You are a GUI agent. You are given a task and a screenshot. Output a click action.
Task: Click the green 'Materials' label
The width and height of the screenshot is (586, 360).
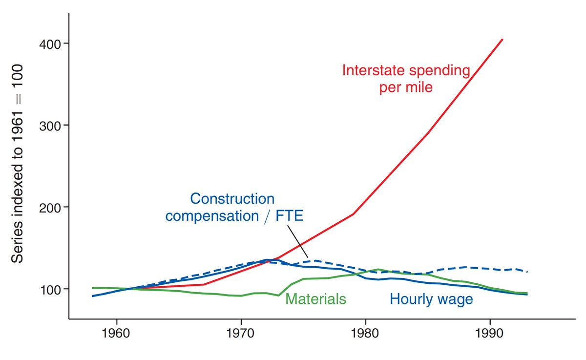tap(315, 299)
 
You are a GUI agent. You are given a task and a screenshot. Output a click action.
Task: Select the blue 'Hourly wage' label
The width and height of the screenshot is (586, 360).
tap(431, 299)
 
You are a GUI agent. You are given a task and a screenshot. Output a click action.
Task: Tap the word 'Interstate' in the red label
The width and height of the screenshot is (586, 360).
tap(375, 70)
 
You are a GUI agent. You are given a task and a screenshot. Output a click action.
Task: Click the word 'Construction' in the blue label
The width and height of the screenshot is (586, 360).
tap(232, 199)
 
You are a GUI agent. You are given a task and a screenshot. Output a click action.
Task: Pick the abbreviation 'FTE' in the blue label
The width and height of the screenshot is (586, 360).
tap(289, 216)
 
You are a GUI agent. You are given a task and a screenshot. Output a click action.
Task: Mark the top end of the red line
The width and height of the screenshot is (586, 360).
tap(502, 39)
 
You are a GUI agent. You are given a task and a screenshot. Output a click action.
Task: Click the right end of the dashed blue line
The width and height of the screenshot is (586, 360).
tap(527, 271)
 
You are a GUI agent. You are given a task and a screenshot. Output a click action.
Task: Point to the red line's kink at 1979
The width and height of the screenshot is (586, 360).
tap(353, 214)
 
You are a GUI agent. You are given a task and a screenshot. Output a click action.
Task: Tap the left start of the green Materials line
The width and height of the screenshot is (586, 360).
tap(93, 288)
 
